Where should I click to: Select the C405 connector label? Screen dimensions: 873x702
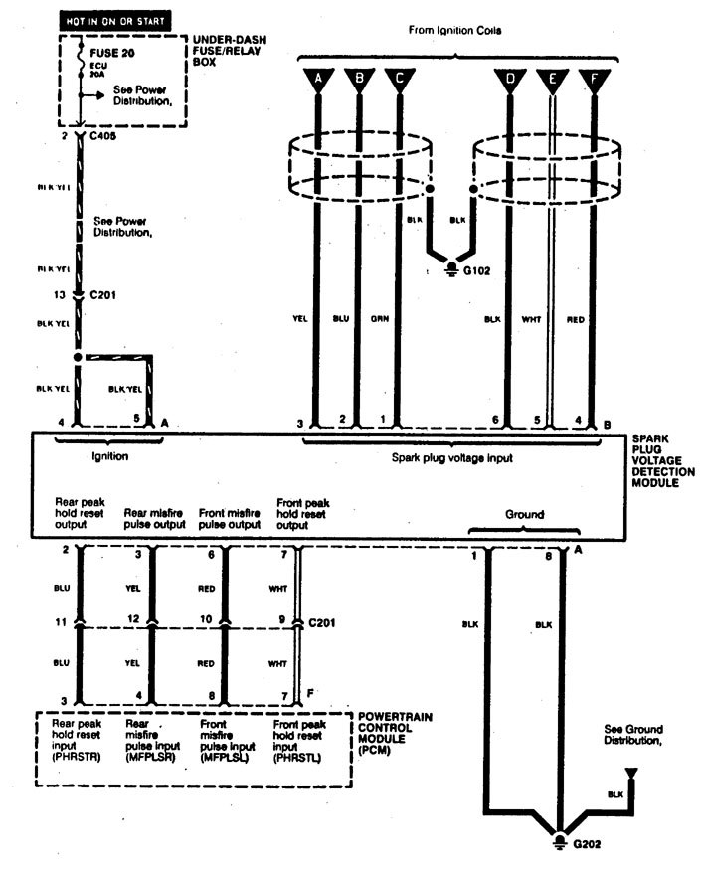pyautogui.click(x=102, y=136)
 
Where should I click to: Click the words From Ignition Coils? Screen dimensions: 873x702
pyautogui.click(x=454, y=31)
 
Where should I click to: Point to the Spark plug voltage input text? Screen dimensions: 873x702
pyautogui.click(x=453, y=459)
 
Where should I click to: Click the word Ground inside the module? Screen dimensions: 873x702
pyautogui.click(x=524, y=514)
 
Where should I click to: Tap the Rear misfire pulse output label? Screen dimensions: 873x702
pyautogui.click(x=153, y=518)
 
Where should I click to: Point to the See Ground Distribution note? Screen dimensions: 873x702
pyautogui.click(x=633, y=735)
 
